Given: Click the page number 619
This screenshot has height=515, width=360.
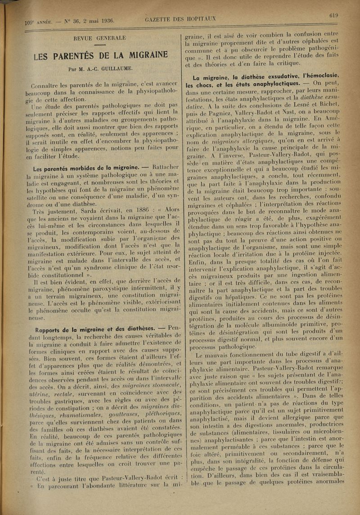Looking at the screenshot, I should click(x=333, y=15).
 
